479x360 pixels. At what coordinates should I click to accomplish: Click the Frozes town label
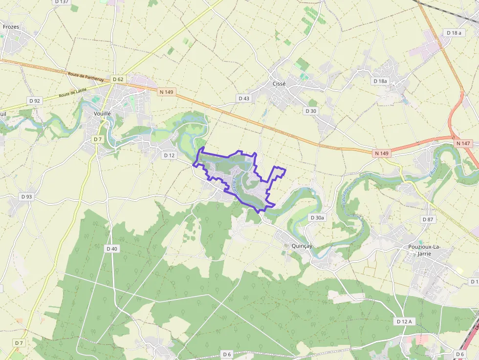click(x=11, y=27)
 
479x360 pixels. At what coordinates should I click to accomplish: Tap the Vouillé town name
click(x=102, y=113)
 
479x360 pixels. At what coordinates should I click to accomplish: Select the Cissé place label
click(x=279, y=84)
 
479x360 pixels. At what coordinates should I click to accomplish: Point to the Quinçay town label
click(x=301, y=246)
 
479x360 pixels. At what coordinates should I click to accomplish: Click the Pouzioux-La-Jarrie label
click(x=424, y=250)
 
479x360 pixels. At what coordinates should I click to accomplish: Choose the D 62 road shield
click(x=118, y=79)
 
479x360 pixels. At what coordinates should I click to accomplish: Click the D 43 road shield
click(x=243, y=98)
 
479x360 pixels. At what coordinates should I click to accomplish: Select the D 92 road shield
click(x=35, y=101)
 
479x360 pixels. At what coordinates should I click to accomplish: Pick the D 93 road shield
click(x=26, y=196)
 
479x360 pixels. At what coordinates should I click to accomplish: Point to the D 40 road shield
click(x=112, y=249)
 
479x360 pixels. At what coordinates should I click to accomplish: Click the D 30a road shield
click(x=317, y=217)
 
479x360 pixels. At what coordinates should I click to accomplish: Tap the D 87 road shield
click(x=428, y=219)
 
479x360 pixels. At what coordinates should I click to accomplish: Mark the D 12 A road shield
click(x=404, y=321)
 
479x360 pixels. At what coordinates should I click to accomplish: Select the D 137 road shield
click(x=62, y=2)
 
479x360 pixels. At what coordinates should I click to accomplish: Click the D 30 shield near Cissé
click(x=311, y=111)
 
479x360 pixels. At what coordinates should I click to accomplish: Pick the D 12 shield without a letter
click(x=169, y=155)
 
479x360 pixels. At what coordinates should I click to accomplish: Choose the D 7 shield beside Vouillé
click(x=98, y=139)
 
